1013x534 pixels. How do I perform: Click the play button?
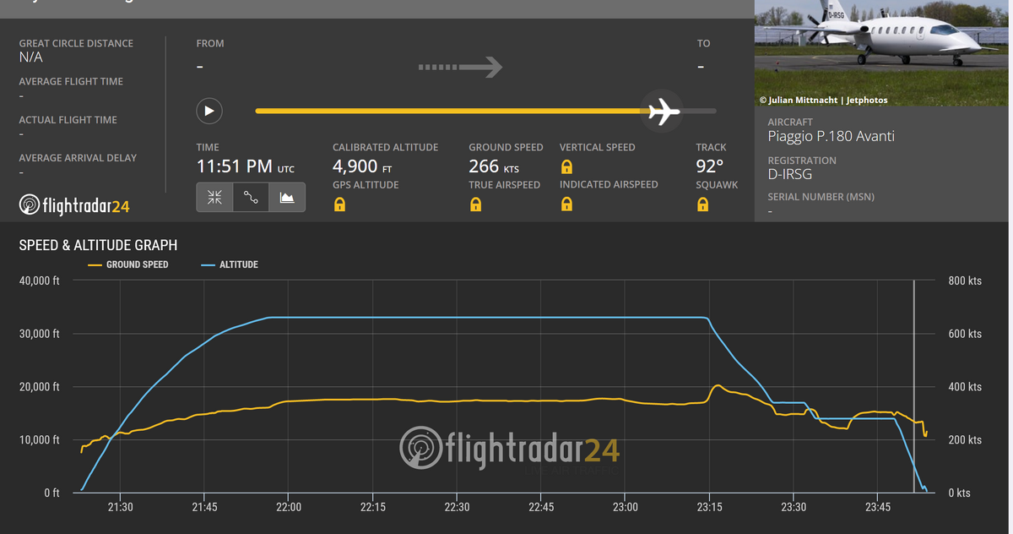209,111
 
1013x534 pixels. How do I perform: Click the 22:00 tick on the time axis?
289,507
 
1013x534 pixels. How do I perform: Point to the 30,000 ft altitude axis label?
40,334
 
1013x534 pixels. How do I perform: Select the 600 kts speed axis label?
965,334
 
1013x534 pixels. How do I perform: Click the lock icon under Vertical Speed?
566,166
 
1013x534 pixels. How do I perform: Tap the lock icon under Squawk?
702,204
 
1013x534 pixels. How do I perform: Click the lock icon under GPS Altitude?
339,204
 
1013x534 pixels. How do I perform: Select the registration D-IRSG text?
790,173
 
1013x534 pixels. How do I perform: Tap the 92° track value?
709,166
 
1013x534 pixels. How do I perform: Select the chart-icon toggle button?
287,197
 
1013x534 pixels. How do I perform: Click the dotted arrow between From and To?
461,67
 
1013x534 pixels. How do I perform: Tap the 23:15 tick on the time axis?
709,507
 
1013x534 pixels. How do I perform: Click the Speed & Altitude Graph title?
98,245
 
